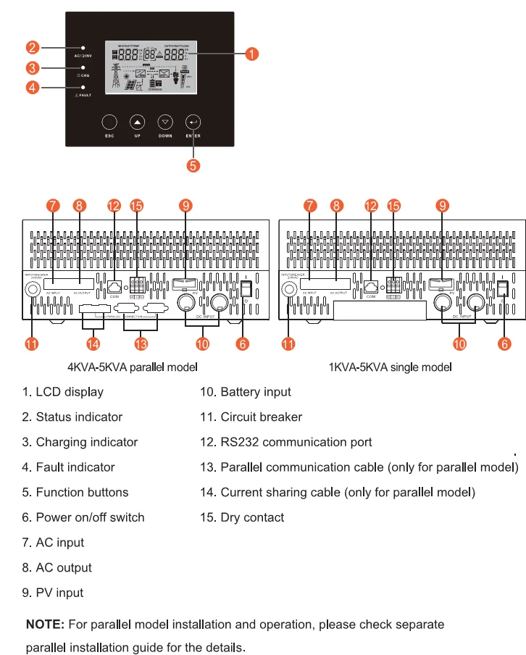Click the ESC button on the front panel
coord(109,122)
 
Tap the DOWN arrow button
coord(165,122)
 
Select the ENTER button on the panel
coord(193,122)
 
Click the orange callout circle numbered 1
coord(251,54)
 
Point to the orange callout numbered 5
coord(193,165)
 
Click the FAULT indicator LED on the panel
coord(83,87)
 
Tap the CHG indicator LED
coord(83,67)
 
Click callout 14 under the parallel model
coord(93,343)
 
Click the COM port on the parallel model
coord(114,285)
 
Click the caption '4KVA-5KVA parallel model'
coord(133,367)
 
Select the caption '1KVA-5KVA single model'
coord(391,367)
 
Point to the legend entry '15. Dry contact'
coord(242,517)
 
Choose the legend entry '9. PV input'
coord(53,593)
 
